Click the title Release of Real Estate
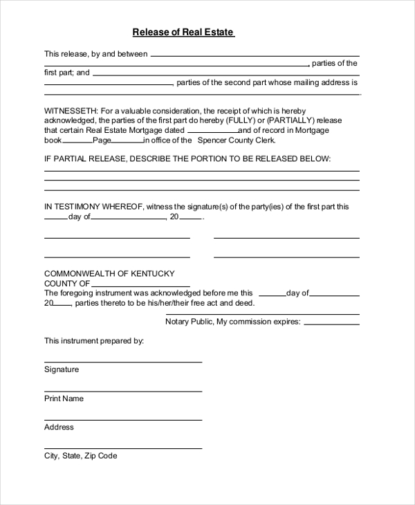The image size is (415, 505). pyautogui.click(x=183, y=32)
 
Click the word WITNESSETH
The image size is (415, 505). pyautogui.click(x=71, y=111)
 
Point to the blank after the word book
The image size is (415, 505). pyautogui.click(x=77, y=141)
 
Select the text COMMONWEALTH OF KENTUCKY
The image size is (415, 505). pyautogui.click(x=109, y=273)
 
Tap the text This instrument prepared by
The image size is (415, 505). pyautogui.click(x=94, y=341)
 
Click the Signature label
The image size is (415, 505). pyautogui.click(x=62, y=369)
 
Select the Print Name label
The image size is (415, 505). pyautogui.click(x=64, y=398)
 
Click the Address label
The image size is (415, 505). pyautogui.click(x=59, y=428)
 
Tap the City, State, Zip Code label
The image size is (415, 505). pyautogui.click(x=81, y=456)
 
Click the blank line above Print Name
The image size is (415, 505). pyautogui.click(x=123, y=391)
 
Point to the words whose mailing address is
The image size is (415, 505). pyautogui.click(x=318, y=82)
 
